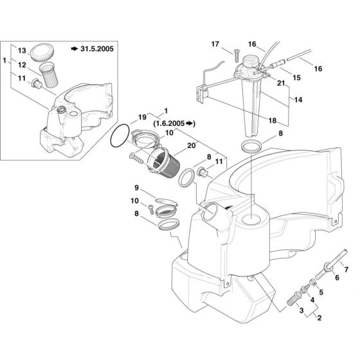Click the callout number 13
[x=22, y=50]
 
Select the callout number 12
[x=22, y=64]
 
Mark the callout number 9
[x=137, y=187]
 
